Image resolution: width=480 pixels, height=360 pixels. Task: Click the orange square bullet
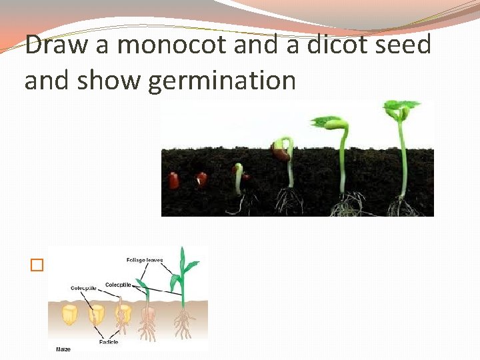[x=36, y=265]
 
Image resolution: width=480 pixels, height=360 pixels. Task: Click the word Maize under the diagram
[x=64, y=349]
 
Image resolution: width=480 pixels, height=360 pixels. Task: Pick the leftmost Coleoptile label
[x=83, y=288]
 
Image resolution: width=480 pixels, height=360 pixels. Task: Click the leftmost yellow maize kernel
[x=68, y=312]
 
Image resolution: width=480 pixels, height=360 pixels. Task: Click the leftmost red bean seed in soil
[x=174, y=180]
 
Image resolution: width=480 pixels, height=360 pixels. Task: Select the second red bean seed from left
[x=201, y=179]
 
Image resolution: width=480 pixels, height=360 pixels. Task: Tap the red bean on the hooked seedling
[x=280, y=154]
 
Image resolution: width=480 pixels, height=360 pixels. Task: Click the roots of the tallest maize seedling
[x=183, y=327]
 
